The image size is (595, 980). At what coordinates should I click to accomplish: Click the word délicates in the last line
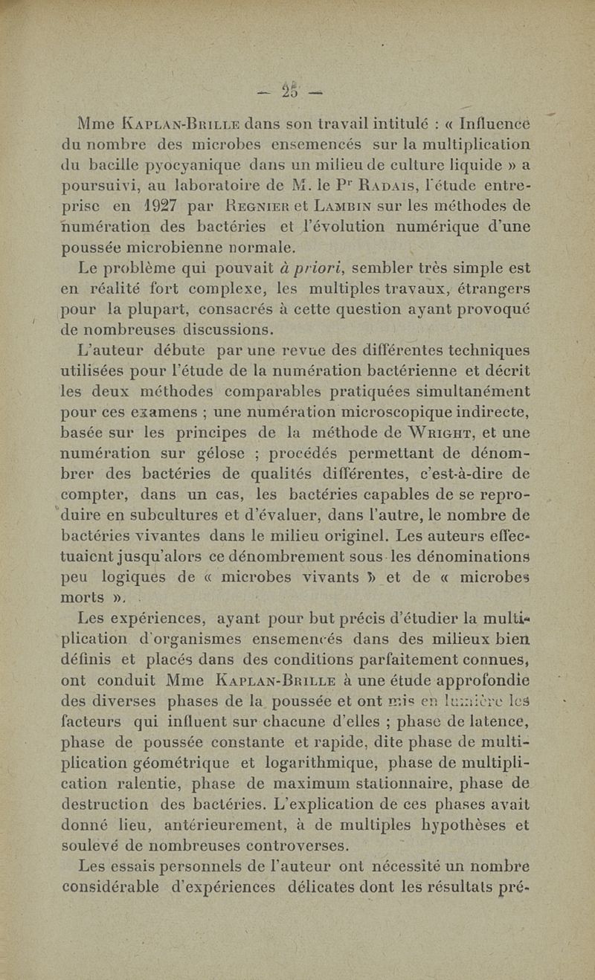click(x=326, y=886)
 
